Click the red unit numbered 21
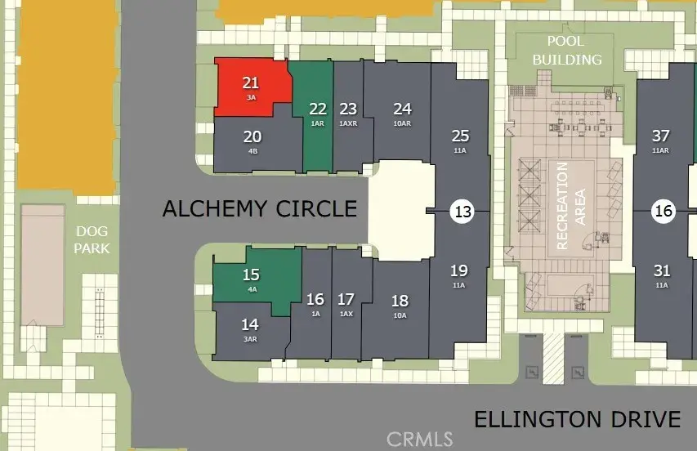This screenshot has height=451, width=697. [250, 86]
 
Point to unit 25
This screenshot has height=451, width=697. [460, 140]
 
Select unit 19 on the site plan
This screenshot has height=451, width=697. [458, 275]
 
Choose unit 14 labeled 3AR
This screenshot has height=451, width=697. [250, 329]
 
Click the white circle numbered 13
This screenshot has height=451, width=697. [462, 212]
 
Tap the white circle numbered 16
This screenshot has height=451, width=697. [663, 212]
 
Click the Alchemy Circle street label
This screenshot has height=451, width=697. [260, 208]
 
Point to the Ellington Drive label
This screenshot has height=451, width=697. [577, 420]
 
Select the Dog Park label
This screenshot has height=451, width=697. [92, 239]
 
